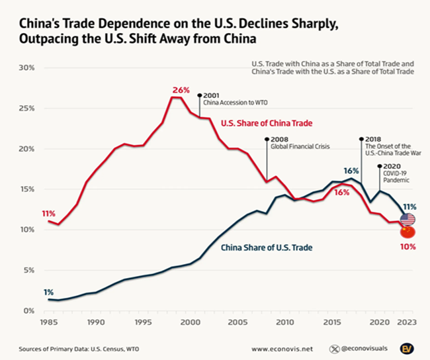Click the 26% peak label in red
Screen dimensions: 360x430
click(x=181, y=89)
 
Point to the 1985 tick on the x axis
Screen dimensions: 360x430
click(x=48, y=323)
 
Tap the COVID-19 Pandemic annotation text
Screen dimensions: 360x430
click(x=396, y=175)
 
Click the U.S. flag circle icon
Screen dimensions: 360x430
click(x=408, y=220)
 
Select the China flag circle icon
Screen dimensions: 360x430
click(x=408, y=232)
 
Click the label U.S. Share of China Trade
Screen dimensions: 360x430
click(x=257, y=123)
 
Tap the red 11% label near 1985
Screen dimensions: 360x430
click(x=48, y=214)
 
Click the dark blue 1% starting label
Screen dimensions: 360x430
click(x=49, y=292)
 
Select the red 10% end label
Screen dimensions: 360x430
click(x=408, y=247)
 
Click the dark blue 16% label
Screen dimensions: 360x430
click(x=351, y=171)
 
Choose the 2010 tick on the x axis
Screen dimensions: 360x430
click(x=284, y=323)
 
